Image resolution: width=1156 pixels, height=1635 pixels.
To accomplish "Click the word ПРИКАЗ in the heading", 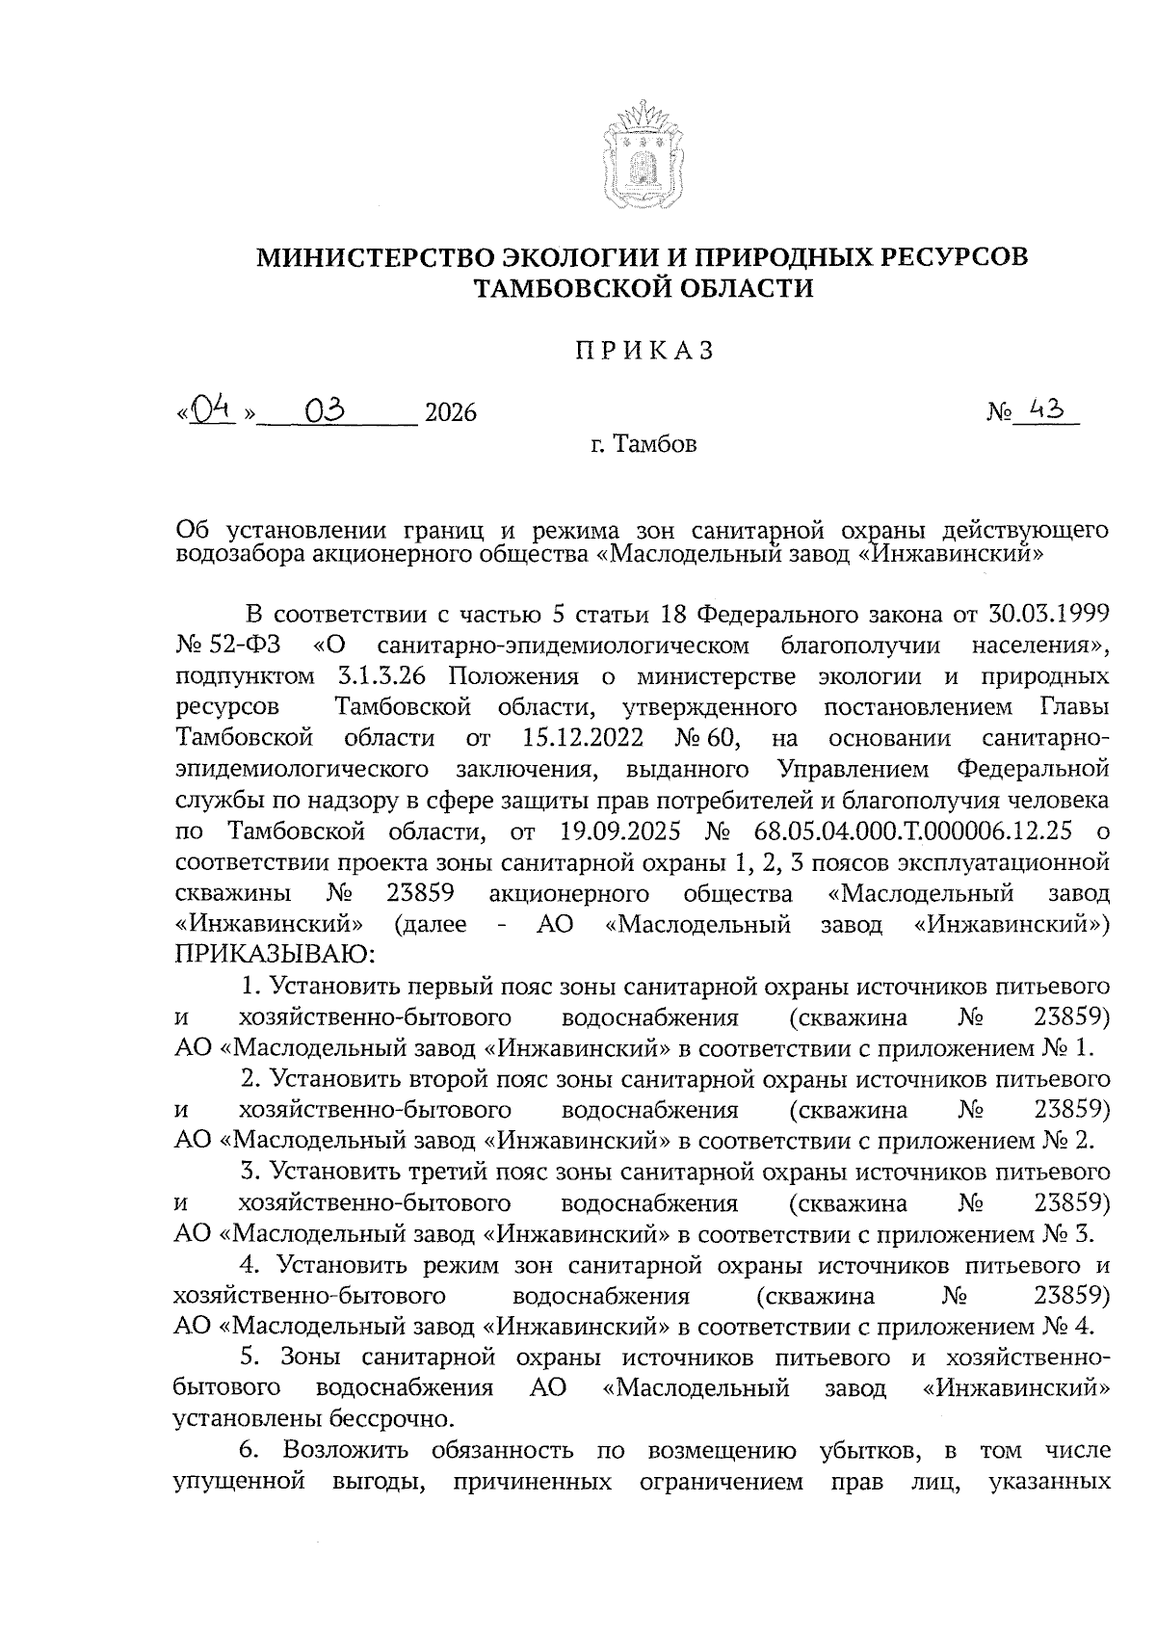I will pyautogui.click(x=644, y=351).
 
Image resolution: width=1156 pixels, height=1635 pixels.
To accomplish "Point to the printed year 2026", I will pyautogui.click(x=451, y=413).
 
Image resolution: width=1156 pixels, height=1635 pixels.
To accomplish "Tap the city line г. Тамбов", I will pyautogui.click(x=644, y=445).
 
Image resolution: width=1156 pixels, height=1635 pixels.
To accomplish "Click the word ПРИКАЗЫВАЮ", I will pyautogui.click(x=273, y=955).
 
